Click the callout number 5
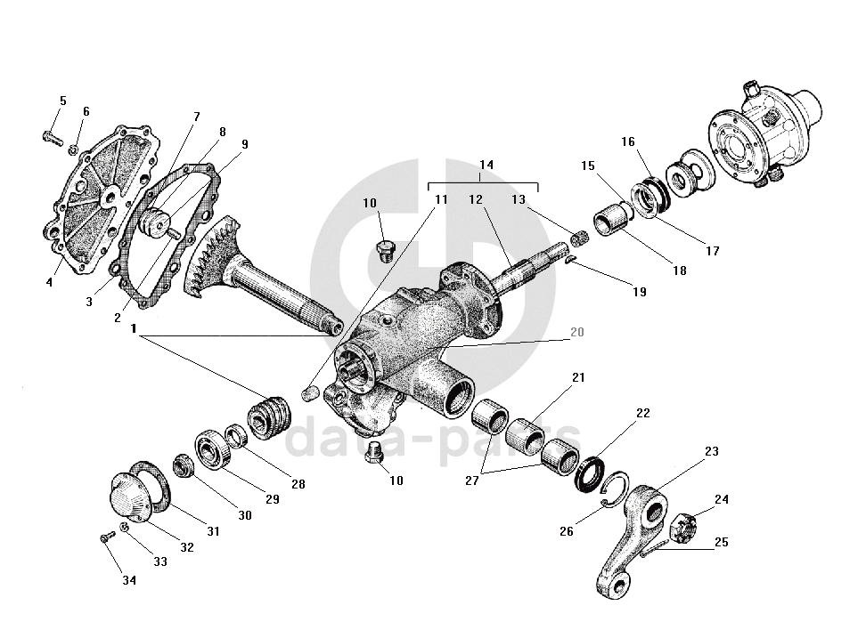point(62,101)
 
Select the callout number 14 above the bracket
point(486,166)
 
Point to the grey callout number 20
point(577,332)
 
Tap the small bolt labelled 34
point(107,537)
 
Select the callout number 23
point(711,452)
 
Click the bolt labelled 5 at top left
point(51,137)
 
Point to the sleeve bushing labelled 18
point(611,222)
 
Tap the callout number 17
point(712,251)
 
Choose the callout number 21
point(578,377)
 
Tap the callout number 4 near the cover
point(49,283)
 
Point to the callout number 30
point(244,515)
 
